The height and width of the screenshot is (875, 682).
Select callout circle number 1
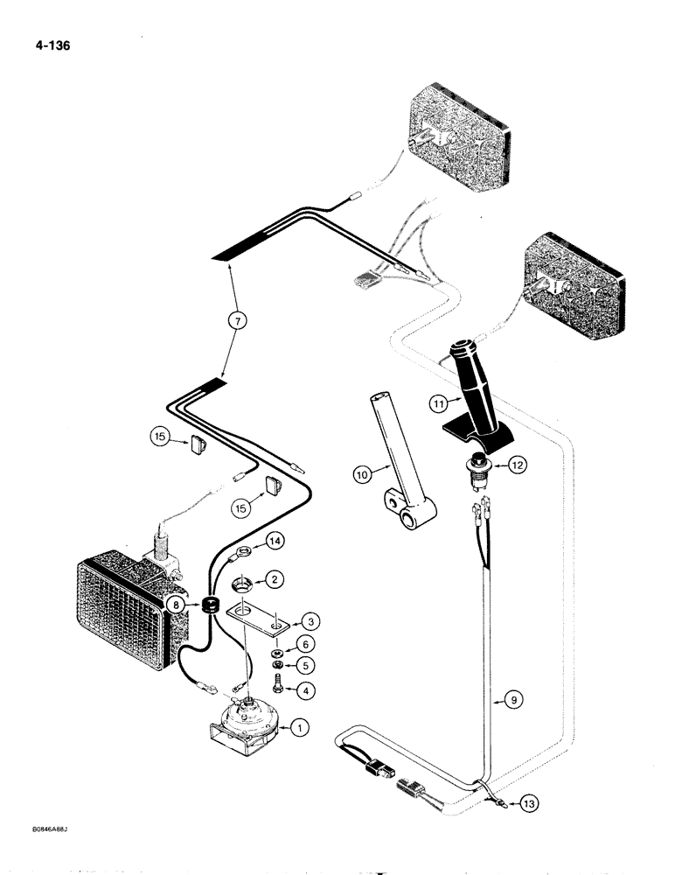tap(299, 728)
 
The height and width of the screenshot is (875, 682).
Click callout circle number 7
tap(235, 322)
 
